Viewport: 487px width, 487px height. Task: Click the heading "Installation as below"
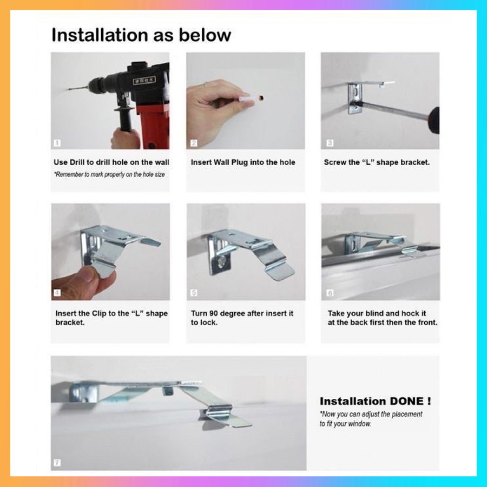[x=141, y=35]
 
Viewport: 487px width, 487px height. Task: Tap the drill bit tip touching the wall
[x=69, y=90]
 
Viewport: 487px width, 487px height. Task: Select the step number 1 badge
[x=57, y=143]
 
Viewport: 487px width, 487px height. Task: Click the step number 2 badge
[x=194, y=143]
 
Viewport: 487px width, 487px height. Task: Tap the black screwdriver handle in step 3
[x=434, y=120]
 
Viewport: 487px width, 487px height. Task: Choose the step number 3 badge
[x=330, y=143]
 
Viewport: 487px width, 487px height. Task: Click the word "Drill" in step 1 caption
[x=77, y=162]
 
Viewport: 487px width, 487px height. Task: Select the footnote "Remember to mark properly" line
[x=109, y=175]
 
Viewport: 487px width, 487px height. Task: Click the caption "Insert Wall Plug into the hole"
[x=243, y=162]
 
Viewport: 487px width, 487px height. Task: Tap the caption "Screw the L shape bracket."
[x=377, y=162]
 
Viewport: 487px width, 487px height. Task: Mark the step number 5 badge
[x=194, y=293]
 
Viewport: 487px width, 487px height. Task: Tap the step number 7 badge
[x=57, y=463]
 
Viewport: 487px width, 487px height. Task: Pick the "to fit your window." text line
[x=345, y=424]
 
